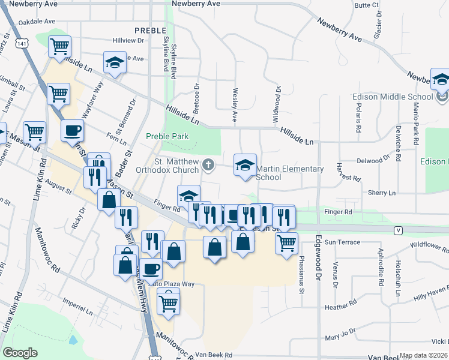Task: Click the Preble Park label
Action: tap(167, 136)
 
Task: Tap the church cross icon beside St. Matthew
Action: tap(208, 164)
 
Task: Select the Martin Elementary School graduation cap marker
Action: tap(245, 165)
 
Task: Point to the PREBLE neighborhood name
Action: tap(150, 30)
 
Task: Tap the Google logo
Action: tap(20, 353)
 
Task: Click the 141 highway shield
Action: tap(22, 44)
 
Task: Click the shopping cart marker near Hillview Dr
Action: tap(59, 46)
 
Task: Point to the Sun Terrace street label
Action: tap(342, 242)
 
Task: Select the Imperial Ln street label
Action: tap(77, 307)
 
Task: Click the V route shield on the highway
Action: tap(397, 230)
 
